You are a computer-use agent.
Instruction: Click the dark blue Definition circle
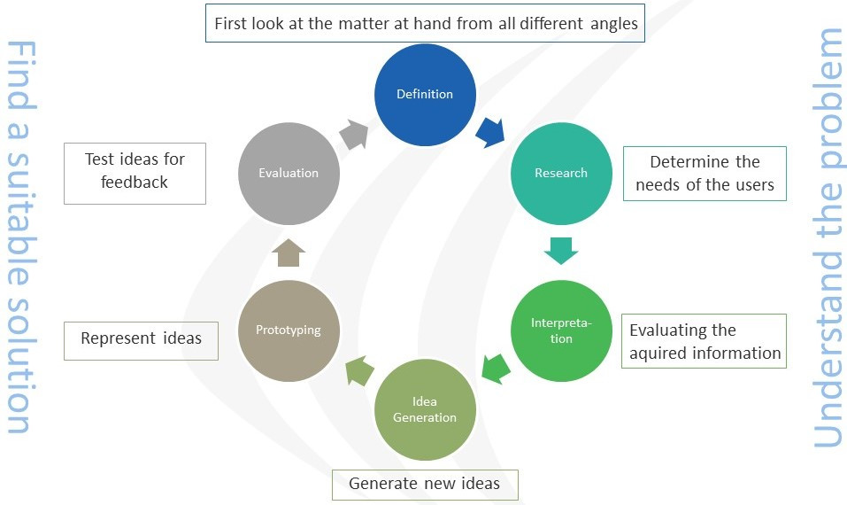coord(425,95)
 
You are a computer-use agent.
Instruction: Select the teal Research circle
coord(561,173)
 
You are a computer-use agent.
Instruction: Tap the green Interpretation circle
coord(561,330)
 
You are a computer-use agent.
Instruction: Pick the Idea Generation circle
coord(425,409)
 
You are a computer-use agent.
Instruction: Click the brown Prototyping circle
coord(289,330)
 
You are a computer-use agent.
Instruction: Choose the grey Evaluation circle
coord(289,173)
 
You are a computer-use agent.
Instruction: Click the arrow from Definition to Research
coord(490,132)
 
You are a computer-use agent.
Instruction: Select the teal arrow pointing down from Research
coord(561,251)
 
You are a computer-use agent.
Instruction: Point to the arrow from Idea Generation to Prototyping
coord(358,369)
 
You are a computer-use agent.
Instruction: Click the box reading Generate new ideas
coord(425,484)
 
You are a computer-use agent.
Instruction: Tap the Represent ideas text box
coord(141,339)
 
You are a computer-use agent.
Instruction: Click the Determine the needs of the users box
coord(705,174)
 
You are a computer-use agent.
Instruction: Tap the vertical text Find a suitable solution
coord(19,237)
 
